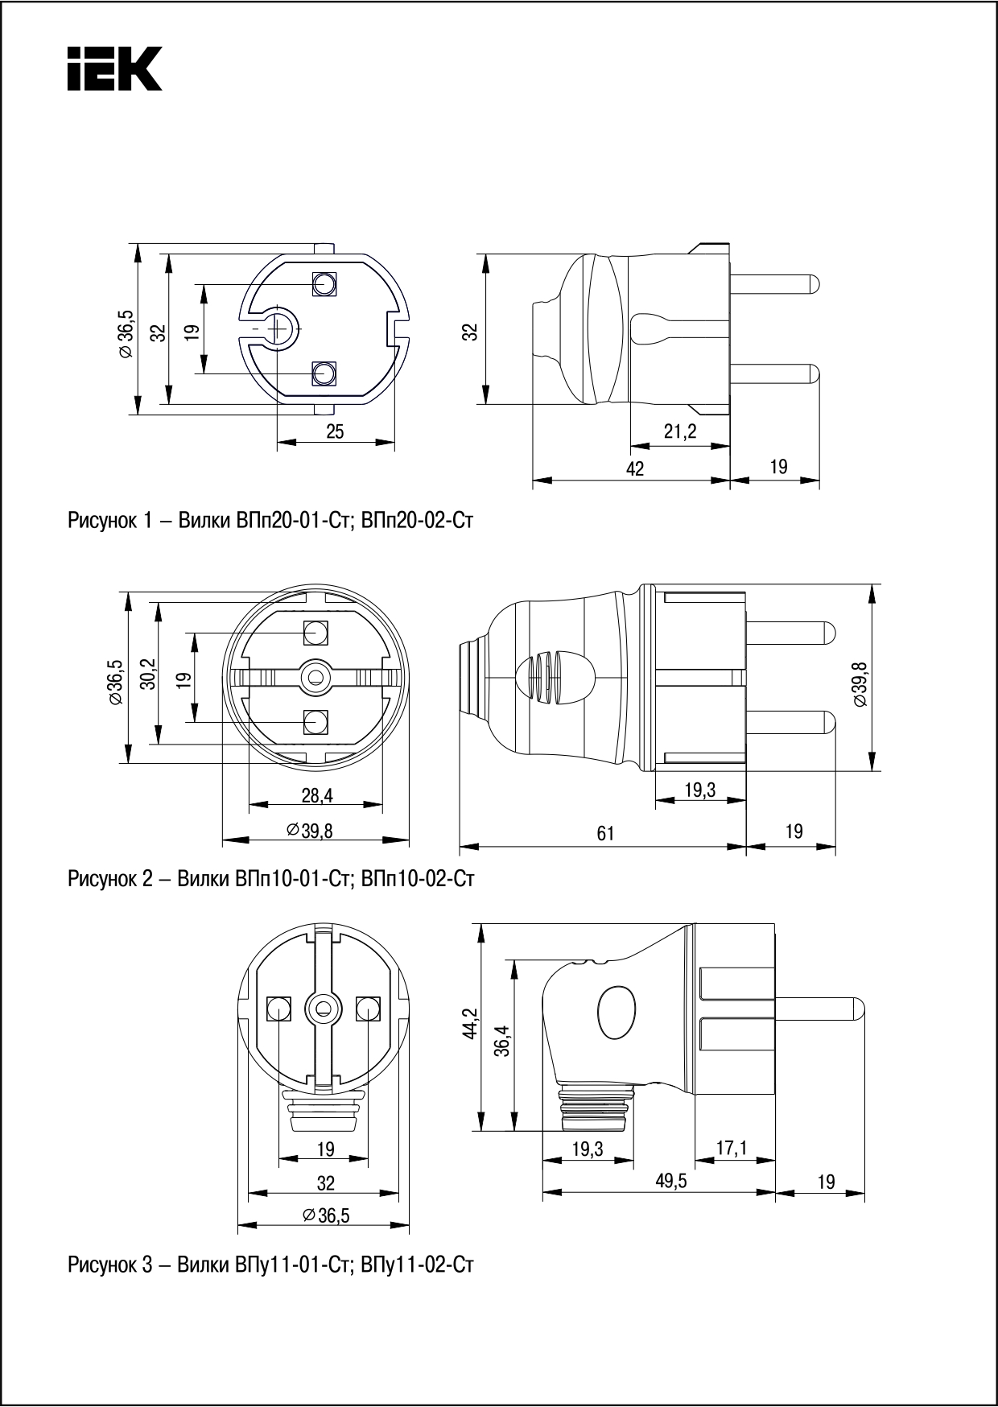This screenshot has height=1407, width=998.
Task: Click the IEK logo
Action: pos(114,68)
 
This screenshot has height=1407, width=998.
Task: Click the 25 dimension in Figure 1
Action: pos(335,432)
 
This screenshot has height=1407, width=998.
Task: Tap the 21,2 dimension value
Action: pos(680,432)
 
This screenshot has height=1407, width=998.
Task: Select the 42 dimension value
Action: pos(635,468)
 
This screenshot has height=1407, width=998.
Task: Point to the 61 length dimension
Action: pos(605,834)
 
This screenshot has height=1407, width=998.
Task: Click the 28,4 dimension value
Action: pos(317,795)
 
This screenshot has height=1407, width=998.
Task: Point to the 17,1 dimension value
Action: pos(731,1149)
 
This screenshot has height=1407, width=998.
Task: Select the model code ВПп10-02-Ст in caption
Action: pos(418,878)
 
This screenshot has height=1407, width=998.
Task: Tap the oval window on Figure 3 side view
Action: pos(617,1013)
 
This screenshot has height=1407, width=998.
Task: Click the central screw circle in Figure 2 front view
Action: pos(315,677)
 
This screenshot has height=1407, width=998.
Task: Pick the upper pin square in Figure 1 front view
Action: pos(324,283)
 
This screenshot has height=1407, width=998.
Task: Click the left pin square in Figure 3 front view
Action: pos(278,1008)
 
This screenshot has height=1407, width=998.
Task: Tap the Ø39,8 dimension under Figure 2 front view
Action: pos(310,831)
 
